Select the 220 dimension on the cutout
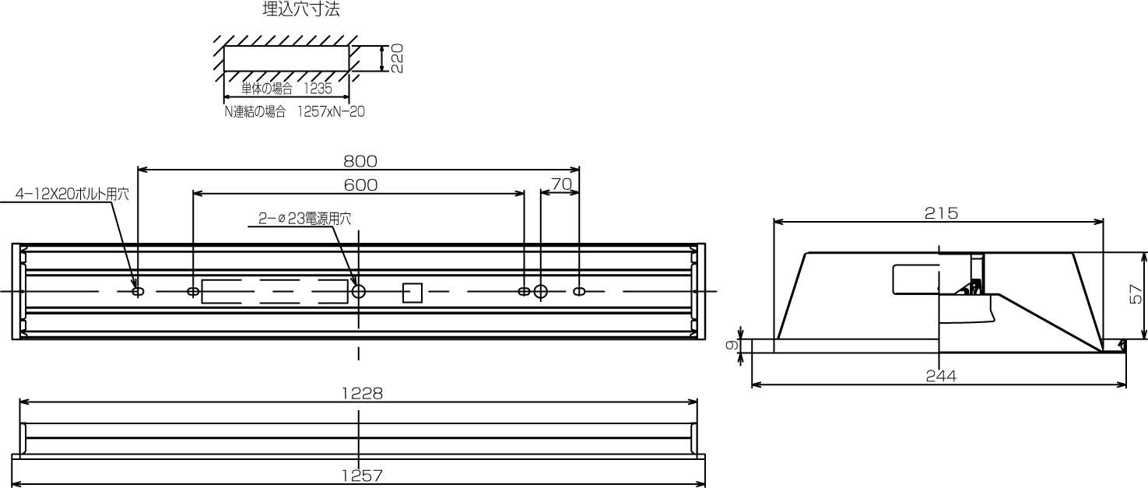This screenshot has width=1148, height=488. point(397,58)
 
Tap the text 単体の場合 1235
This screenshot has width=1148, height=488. point(286,88)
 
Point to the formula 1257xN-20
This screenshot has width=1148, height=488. point(331,111)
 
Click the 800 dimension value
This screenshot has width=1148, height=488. point(360,161)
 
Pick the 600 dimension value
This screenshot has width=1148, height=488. point(360,184)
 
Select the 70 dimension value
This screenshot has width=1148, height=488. point(561,184)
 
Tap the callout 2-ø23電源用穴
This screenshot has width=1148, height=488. point(305,219)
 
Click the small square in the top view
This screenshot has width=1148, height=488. point(412,292)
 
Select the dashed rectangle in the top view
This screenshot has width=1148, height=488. point(274,291)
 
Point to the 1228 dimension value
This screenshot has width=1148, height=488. point(362,394)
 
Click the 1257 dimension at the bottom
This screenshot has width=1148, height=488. point(362,475)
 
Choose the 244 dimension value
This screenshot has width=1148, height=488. point(941,375)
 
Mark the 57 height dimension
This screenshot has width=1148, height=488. point(1137,294)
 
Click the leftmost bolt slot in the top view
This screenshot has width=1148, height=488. point(138,291)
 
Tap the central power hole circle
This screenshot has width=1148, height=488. point(359,292)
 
